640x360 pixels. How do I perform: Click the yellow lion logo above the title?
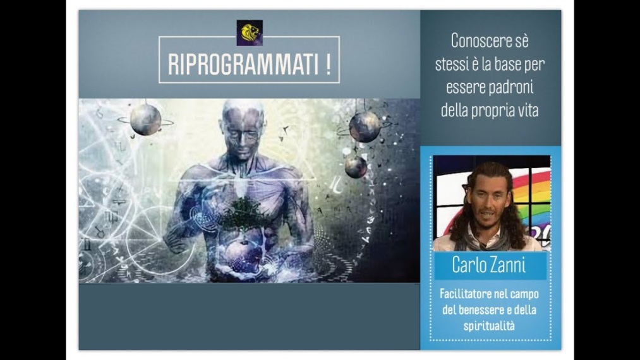250,33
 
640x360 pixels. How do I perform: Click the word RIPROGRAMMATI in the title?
243,64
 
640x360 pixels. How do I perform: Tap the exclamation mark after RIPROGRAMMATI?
329,64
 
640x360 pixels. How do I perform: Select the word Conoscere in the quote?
490,41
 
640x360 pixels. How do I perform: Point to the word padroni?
511,87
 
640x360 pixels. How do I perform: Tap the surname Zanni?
509,265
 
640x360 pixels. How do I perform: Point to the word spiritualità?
489,326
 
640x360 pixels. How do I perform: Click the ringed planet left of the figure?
145,119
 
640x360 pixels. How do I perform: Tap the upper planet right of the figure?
365,127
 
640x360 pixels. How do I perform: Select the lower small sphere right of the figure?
356,167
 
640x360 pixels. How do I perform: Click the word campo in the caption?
524,294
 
